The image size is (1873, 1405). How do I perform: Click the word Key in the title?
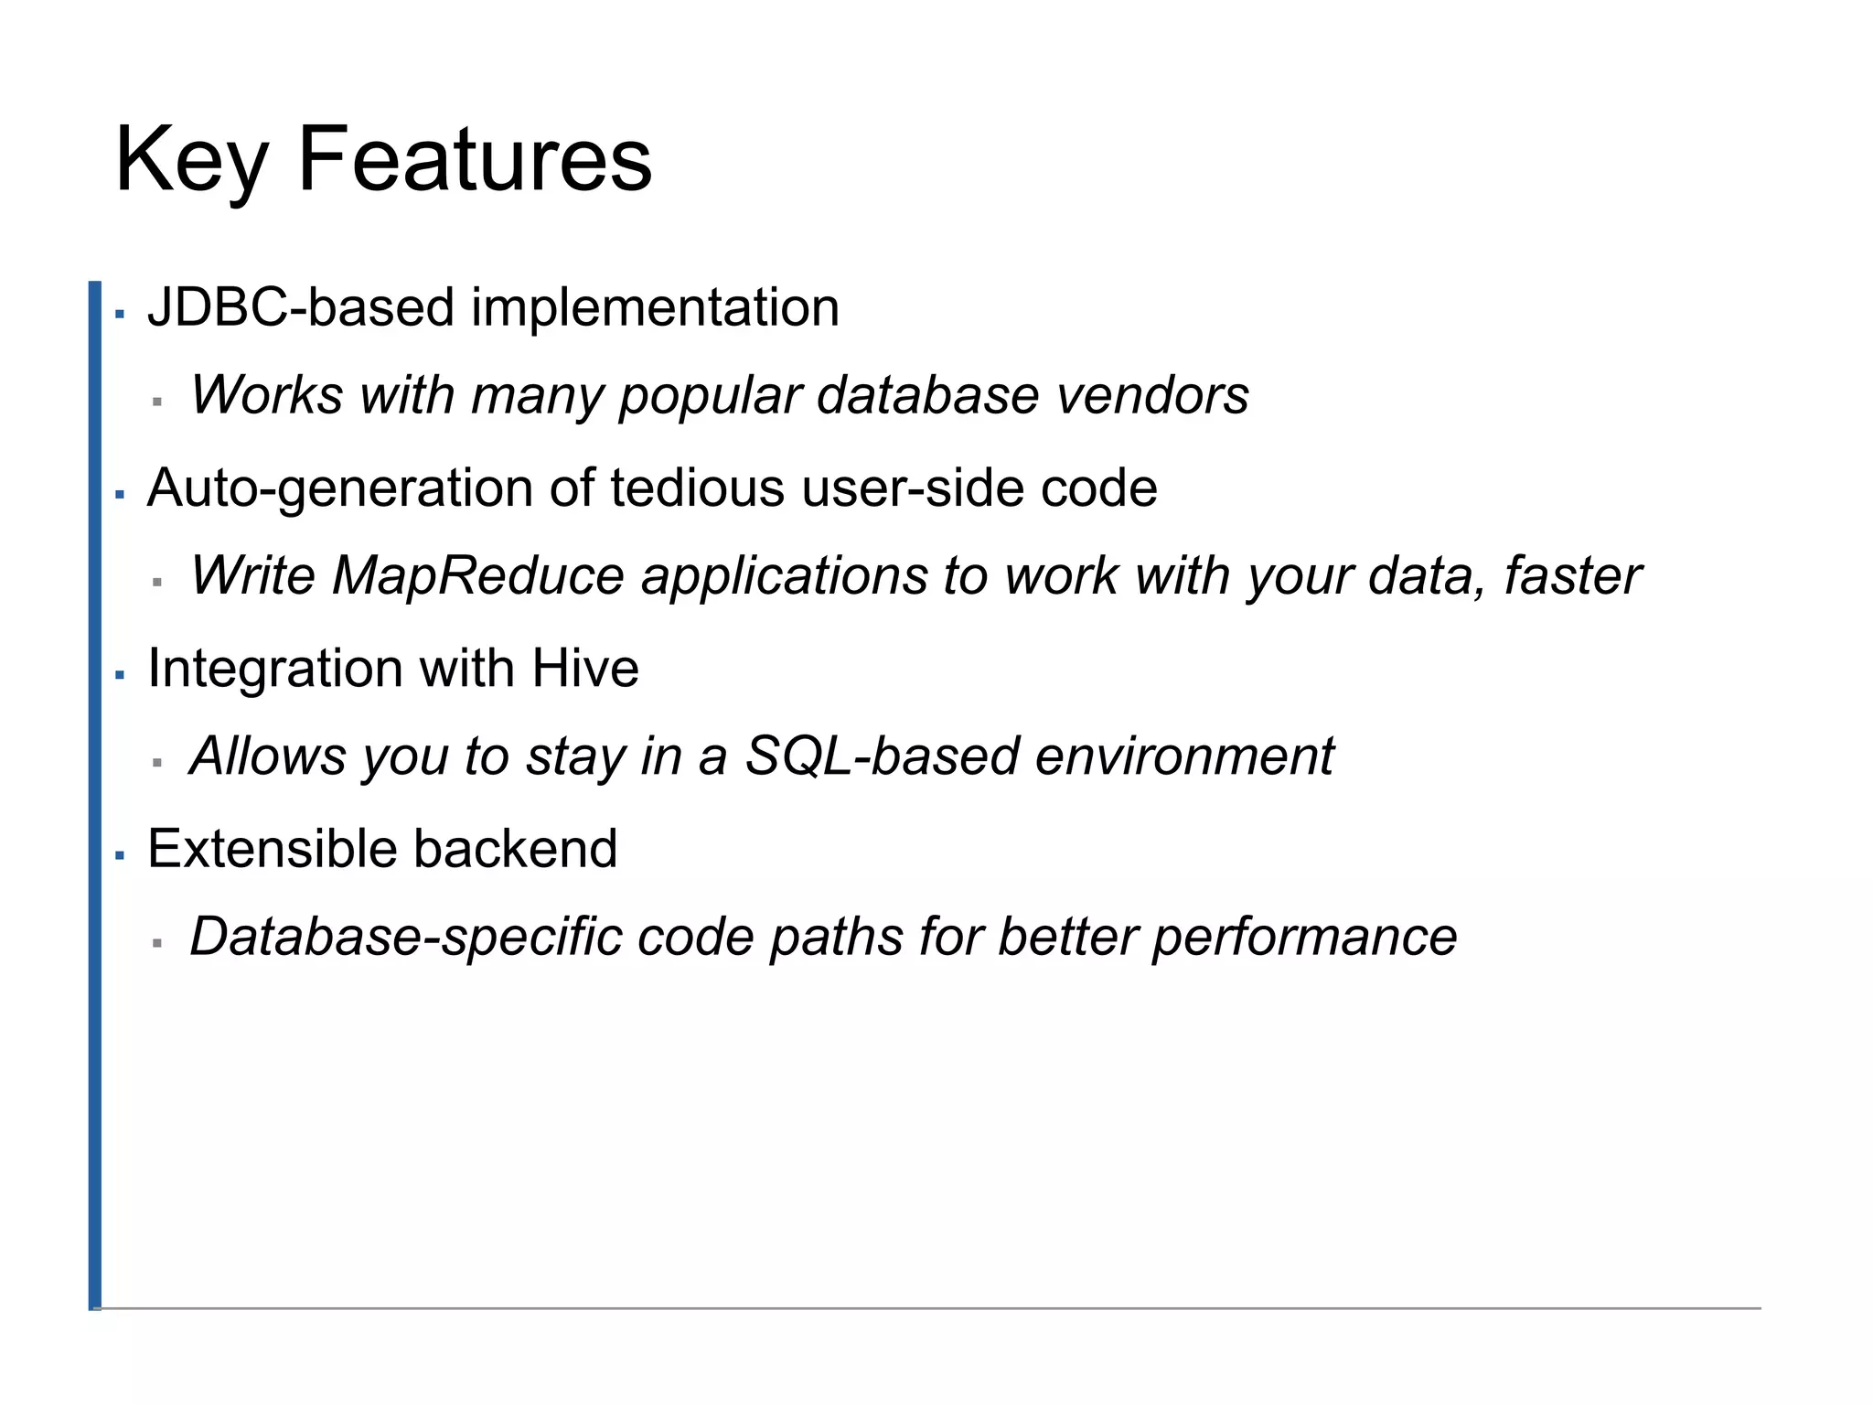189,161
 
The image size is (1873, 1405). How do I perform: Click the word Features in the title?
475,159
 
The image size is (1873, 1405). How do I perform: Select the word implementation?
655,307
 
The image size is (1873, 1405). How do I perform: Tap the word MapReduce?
477,576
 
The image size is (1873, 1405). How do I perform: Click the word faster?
1573,576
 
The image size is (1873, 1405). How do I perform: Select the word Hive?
585,668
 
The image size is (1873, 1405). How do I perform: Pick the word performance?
1303,937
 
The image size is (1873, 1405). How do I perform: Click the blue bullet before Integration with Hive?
120,676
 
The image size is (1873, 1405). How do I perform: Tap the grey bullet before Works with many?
157,402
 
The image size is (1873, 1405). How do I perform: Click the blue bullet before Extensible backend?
120,856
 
